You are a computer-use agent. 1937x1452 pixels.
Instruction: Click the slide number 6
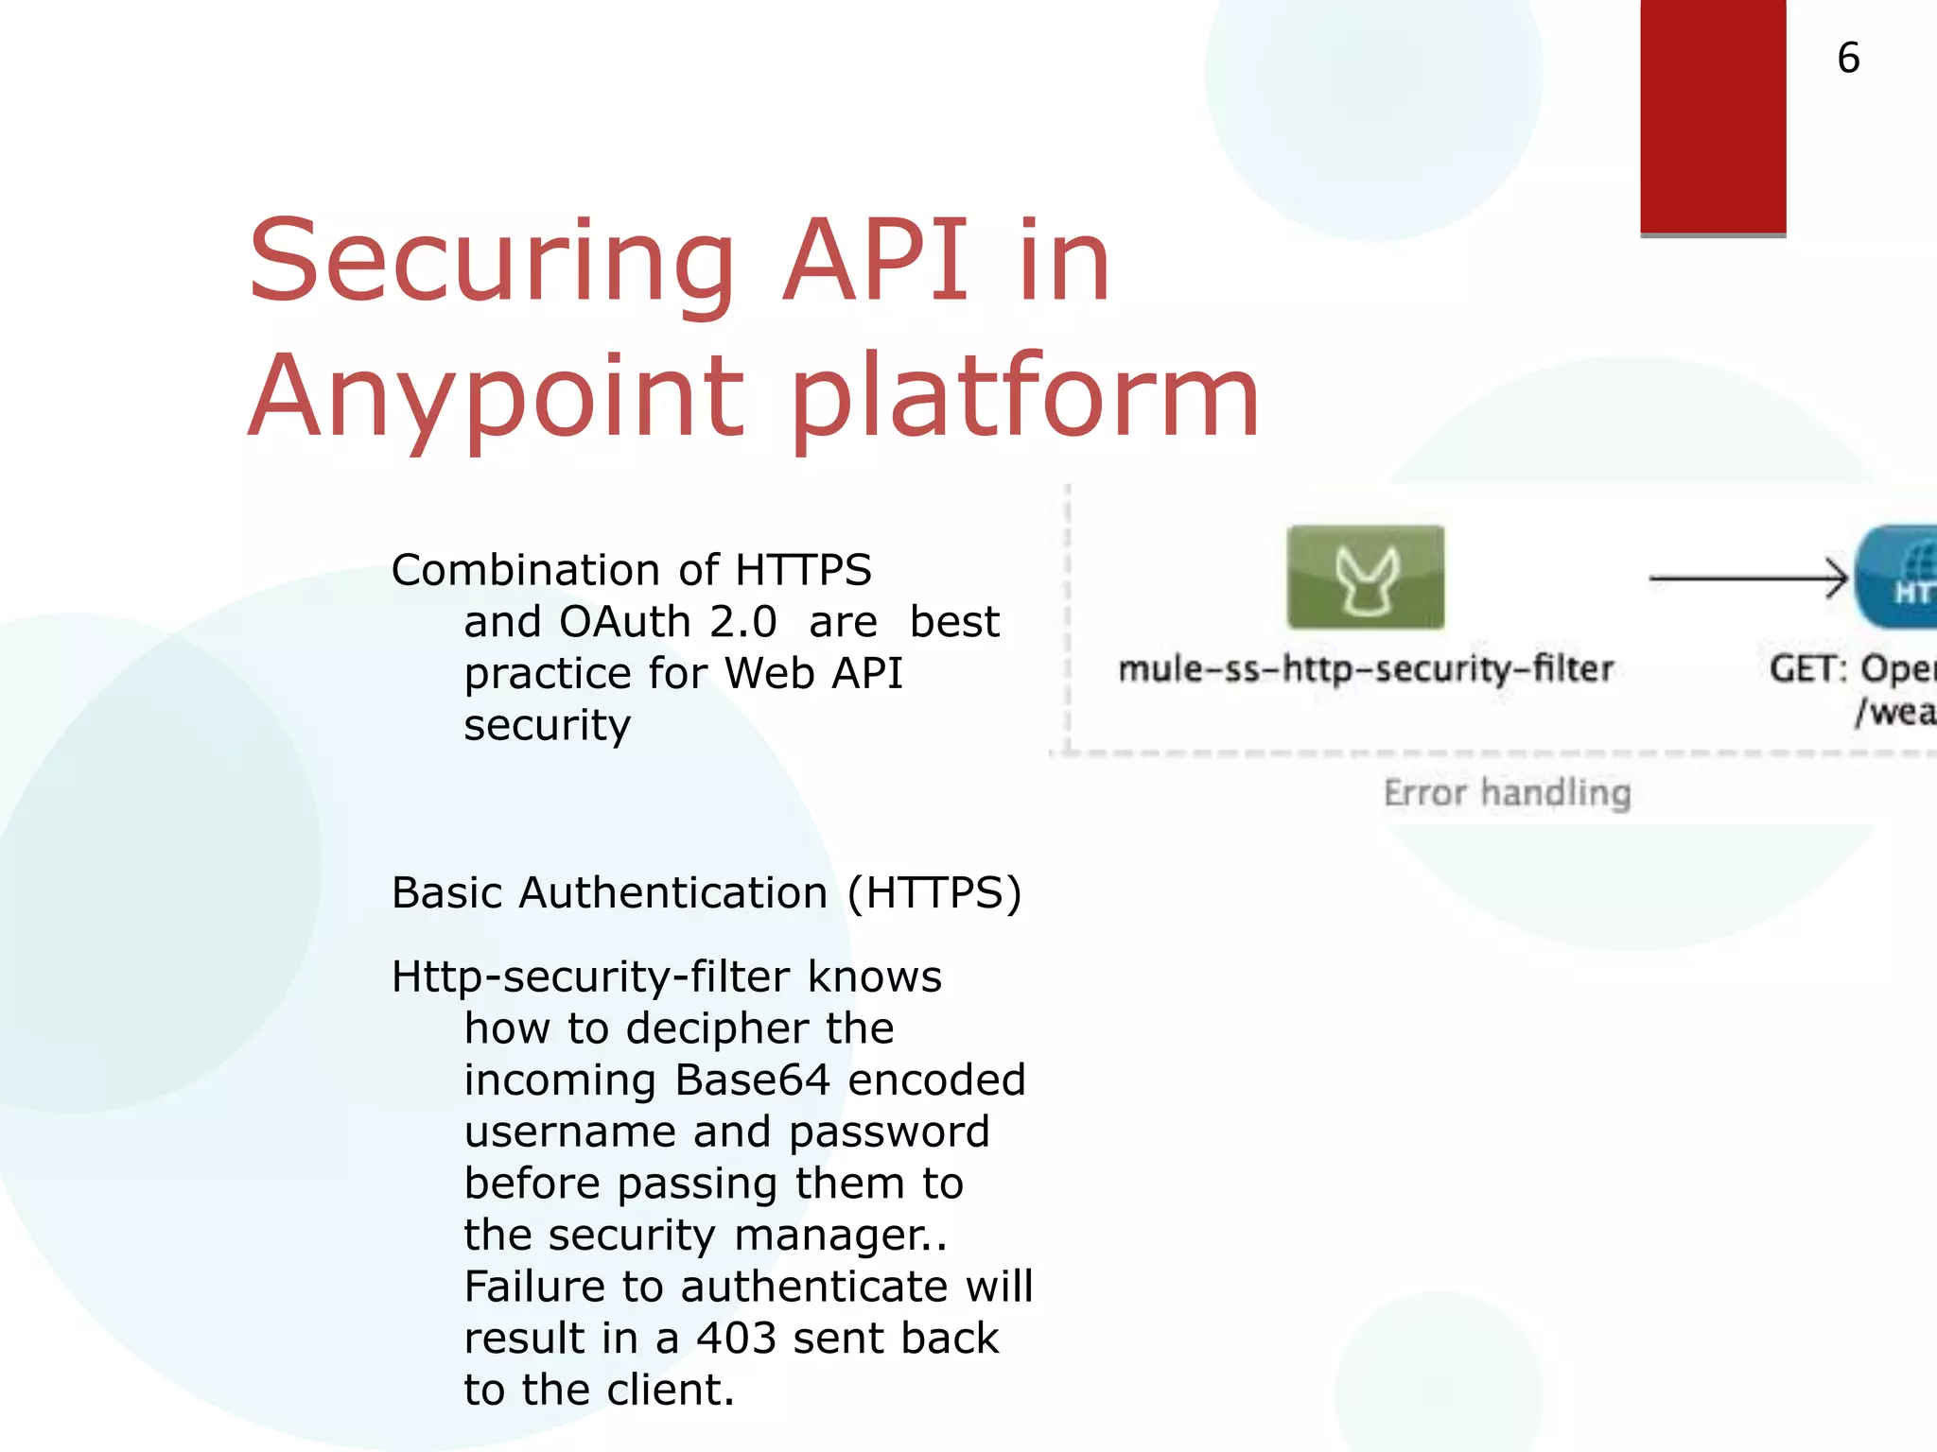(1848, 59)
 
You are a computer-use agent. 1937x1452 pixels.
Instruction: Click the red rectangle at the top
(1712, 115)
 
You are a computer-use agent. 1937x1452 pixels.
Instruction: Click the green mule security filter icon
(1365, 578)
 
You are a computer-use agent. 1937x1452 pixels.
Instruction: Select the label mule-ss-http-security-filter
(1365, 669)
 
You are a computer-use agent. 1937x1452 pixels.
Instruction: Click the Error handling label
(1507, 792)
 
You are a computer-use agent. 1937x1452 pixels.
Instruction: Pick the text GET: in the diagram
(1807, 669)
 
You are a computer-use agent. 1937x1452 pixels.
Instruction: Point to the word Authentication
(673, 893)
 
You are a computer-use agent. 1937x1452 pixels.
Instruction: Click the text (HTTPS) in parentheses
(934, 893)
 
